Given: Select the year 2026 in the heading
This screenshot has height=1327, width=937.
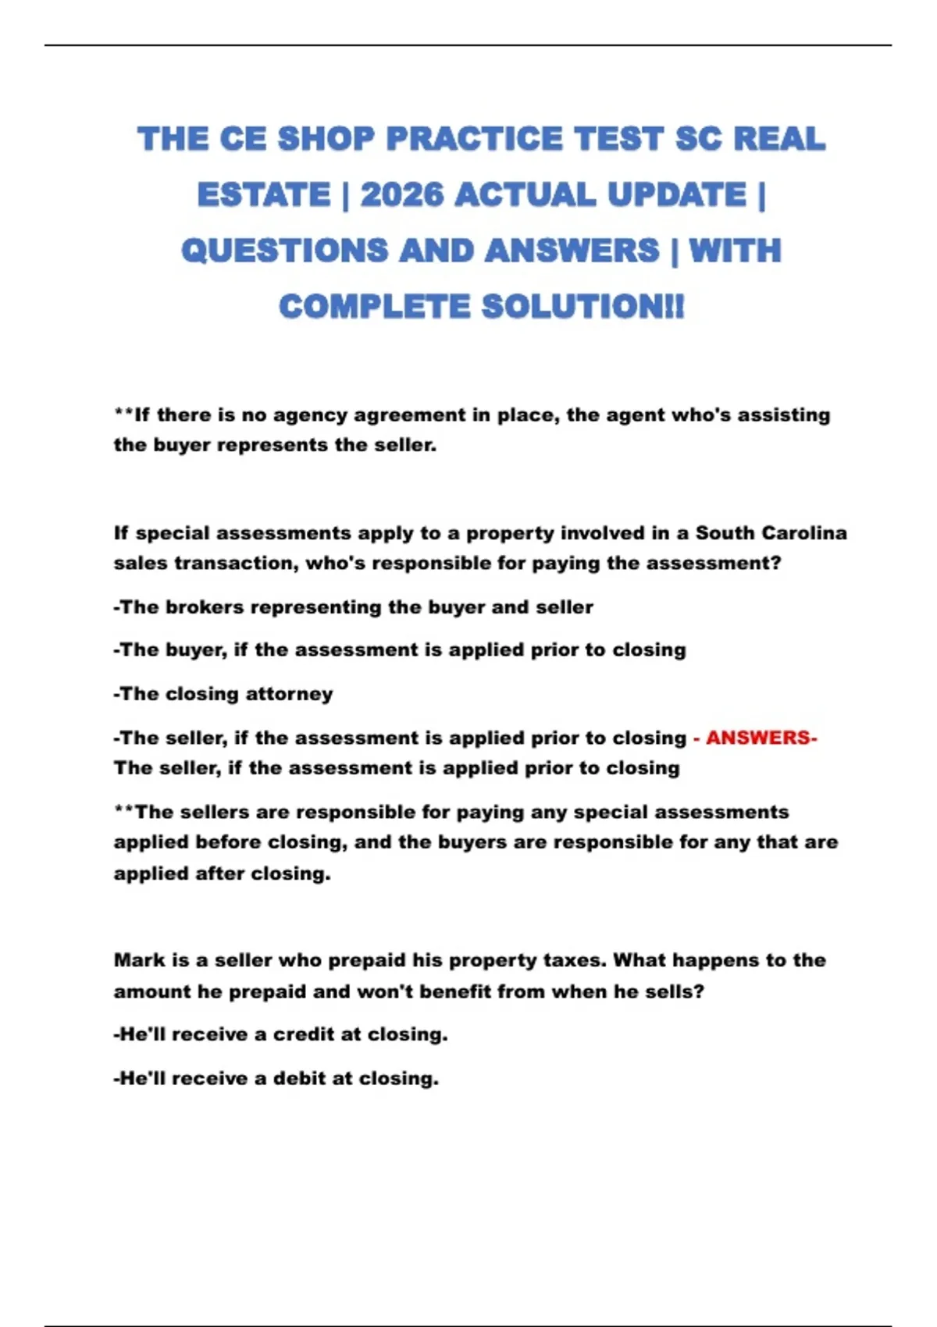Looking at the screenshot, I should (402, 194).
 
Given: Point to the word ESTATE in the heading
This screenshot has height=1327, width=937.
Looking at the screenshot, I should (264, 194).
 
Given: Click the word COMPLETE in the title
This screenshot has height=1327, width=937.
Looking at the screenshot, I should (374, 306).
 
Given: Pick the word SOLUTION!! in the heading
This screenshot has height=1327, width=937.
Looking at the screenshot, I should (583, 306).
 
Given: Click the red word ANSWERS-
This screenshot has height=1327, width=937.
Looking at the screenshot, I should (761, 738).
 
